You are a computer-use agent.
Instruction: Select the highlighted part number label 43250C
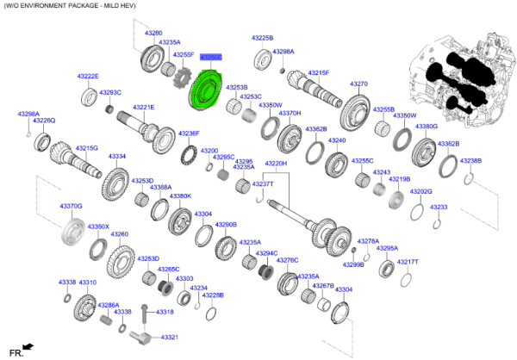pos(211,57)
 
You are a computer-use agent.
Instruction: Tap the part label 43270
pos(358,84)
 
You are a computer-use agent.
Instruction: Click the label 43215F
pos(319,73)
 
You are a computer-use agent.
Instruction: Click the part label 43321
pos(168,337)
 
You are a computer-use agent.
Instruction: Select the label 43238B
pos(470,161)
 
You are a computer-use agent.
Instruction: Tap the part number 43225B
pos(262,39)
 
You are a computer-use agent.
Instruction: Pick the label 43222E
pos(88,77)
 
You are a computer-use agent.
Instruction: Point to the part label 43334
pos(117,157)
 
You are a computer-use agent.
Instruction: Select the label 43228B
pos(212,295)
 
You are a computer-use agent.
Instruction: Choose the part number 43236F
pos(189,133)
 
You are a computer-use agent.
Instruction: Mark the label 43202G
pos(420,191)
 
